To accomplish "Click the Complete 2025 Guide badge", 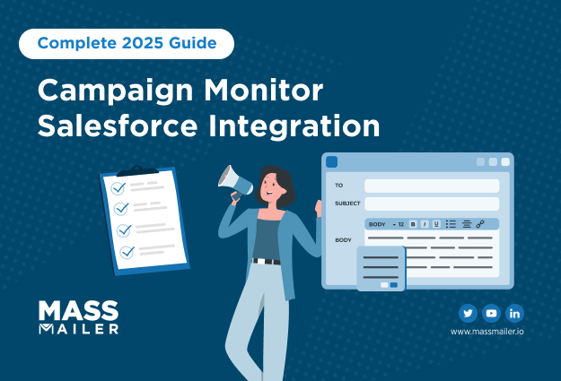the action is [127, 44].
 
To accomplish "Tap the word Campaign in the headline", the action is [116, 91].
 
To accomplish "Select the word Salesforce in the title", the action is [118, 126].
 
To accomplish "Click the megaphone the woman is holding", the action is [234, 182].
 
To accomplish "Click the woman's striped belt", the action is [267, 261].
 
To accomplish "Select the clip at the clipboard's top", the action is [137, 171].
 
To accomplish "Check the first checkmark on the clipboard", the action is [118, 187].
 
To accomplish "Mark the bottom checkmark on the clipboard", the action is [127, 252].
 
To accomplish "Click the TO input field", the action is [432, 186].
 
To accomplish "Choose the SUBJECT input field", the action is [432, 203].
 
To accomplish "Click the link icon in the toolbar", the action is [480, 224].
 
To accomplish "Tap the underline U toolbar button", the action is [436, 224].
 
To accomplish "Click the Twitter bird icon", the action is [468, 314].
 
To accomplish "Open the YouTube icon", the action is [491, 314].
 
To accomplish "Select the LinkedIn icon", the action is [514, 314].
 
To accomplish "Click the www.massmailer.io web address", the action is [486, 332].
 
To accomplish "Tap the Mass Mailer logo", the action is [78, 317].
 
